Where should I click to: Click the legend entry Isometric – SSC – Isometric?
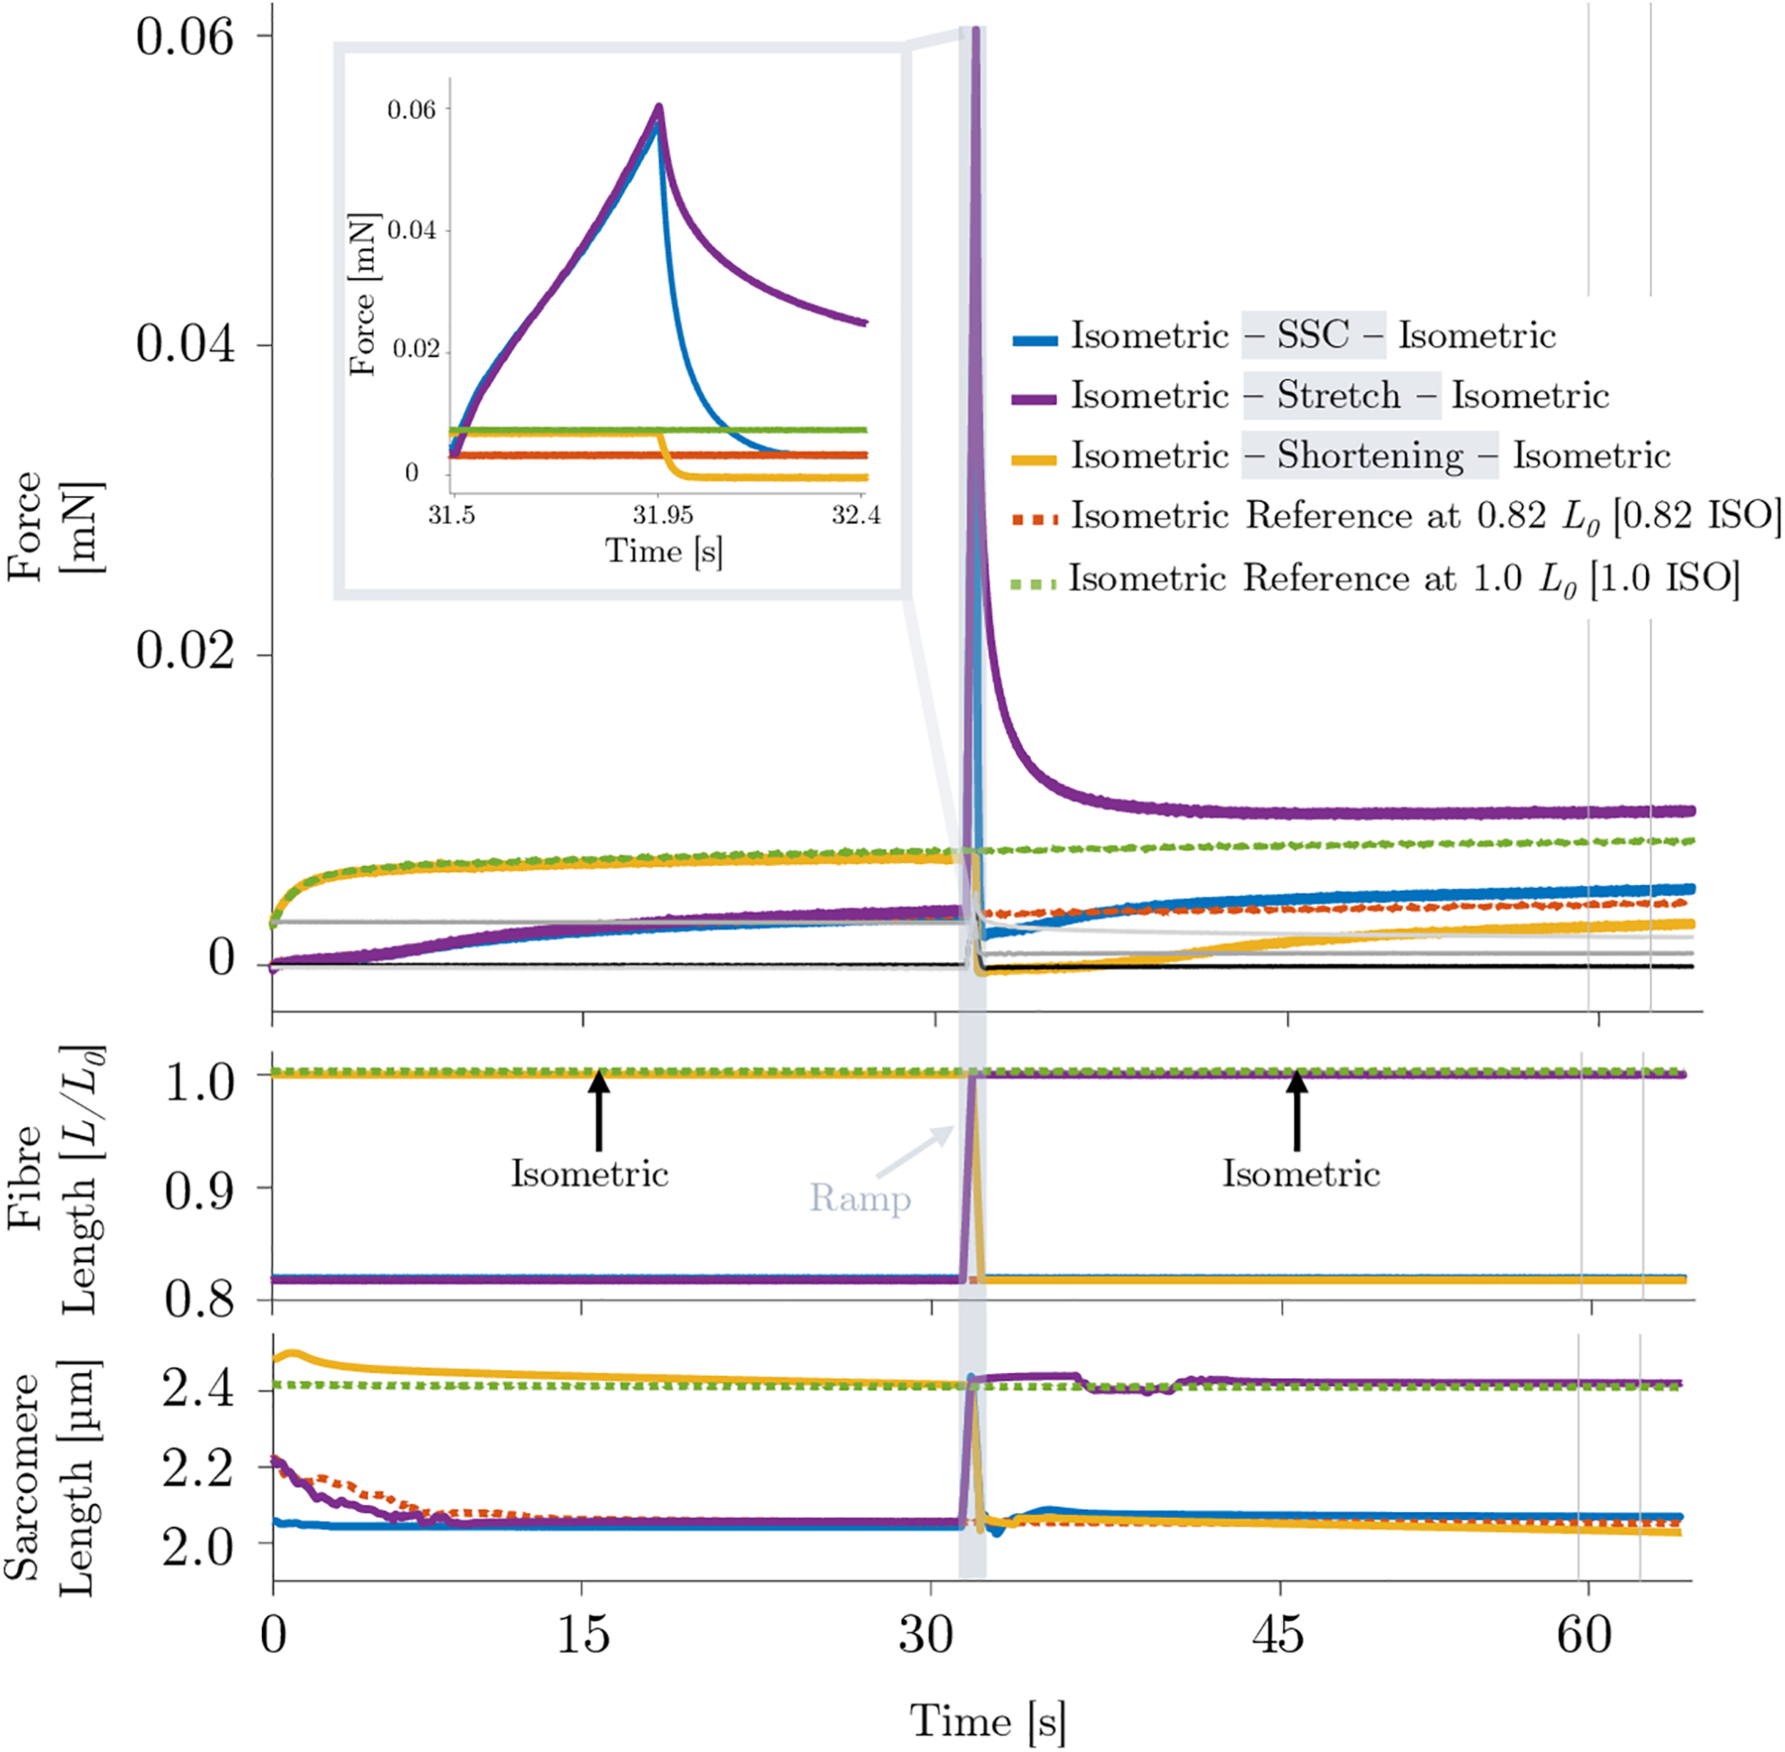click(x=1284, y=336)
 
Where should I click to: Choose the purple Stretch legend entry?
click(x=1310, y=396)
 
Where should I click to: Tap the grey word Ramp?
click(x=860, y=1199)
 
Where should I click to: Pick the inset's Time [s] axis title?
click(x=663, y=550)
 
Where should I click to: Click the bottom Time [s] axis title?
click(x=987, y=1719)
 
